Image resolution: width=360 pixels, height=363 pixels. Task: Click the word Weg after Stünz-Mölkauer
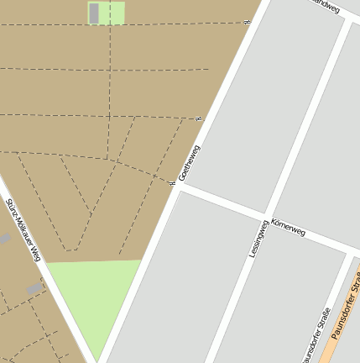coord(35,253)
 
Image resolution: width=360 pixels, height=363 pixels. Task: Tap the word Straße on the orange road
coord(356,281)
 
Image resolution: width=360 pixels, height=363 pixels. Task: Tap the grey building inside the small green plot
coord(94,13)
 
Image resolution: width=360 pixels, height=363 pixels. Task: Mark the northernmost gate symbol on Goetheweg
coord(247,23)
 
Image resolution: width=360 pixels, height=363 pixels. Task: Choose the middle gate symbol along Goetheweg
coord(199,119)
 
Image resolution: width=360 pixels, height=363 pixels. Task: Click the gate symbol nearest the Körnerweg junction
coord(171,182)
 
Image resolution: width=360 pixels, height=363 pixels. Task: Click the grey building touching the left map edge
coord(4,239)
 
